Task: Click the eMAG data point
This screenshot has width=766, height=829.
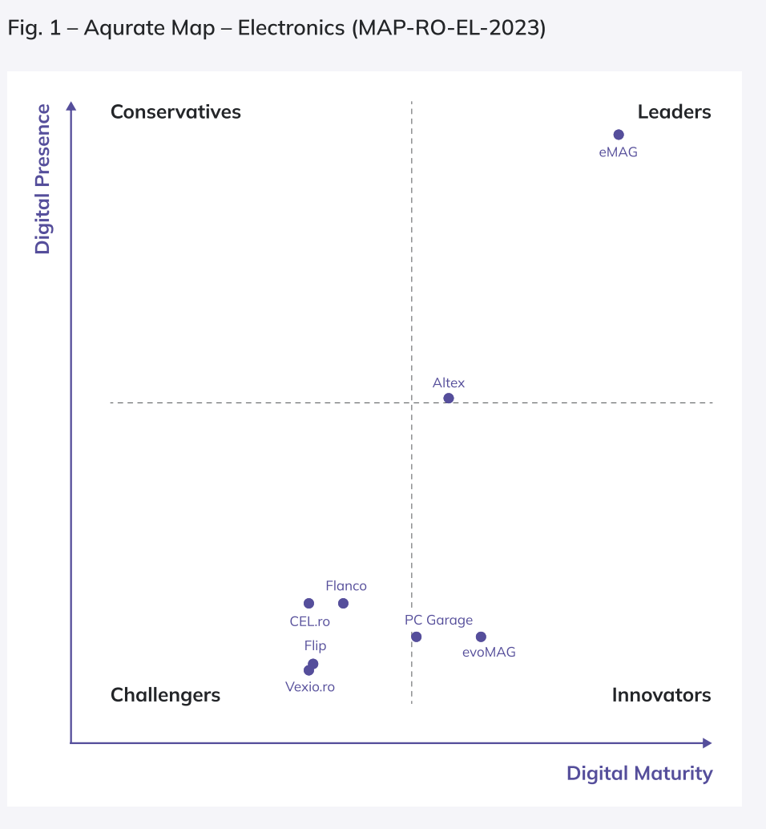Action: point(618,135)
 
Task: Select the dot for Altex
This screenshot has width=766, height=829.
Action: point(449,398)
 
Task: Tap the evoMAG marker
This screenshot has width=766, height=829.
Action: point(481,637)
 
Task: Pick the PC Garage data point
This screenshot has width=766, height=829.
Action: point(416,637)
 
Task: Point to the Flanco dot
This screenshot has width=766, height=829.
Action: point(343,603)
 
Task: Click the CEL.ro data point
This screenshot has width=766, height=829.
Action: point(308,603)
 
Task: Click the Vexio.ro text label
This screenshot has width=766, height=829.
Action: point(310,686)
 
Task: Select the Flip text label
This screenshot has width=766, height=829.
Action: point(315,645)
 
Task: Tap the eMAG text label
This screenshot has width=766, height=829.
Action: point(618,152)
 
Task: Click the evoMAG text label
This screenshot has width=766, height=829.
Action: point(489,652)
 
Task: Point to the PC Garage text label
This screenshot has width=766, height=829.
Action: point(438,620)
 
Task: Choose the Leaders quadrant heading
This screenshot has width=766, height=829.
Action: point(674,111)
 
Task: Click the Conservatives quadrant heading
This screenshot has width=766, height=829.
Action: point(175,111)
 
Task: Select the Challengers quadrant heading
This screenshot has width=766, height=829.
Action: point(165,694)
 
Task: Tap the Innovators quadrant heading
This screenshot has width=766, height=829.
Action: point(661,694)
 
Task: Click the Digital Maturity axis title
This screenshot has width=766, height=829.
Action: point(639,773)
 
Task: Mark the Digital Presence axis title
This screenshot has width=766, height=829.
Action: point(42,179)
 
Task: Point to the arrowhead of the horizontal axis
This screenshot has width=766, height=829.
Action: point(707,743)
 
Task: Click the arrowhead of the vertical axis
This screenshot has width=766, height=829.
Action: point(71,107)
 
